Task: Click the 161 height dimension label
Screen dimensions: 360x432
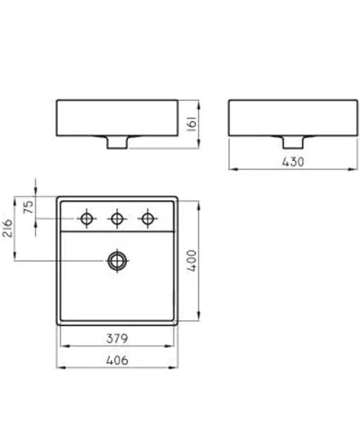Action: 192,124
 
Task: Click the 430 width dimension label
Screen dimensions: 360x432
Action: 293,162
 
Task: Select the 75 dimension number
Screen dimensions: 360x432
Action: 28,207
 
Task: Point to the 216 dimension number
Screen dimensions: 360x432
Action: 7,228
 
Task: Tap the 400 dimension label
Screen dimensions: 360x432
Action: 191,261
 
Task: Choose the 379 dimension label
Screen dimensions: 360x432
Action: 117,339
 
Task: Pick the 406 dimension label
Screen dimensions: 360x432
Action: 117,360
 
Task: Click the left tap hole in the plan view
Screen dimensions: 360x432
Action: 87,219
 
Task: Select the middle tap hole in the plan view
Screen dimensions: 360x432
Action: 117,219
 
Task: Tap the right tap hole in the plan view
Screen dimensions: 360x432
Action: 148,219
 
